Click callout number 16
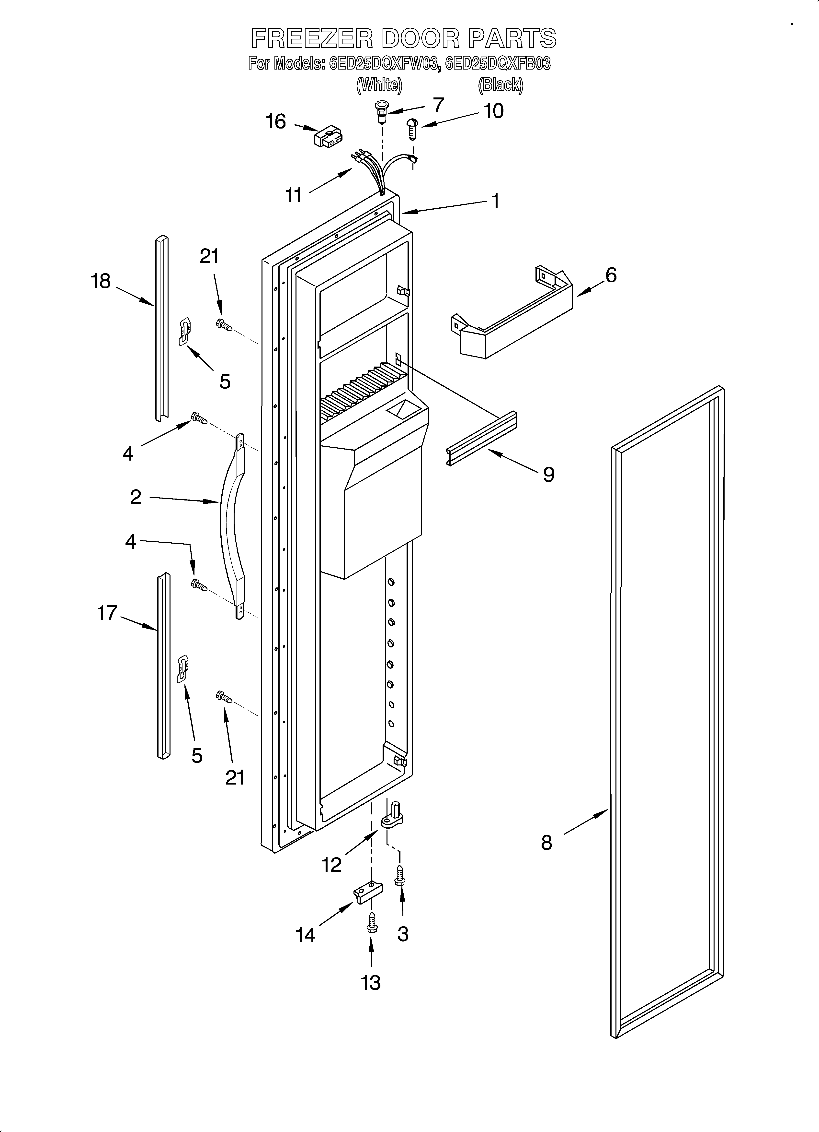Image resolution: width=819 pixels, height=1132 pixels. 276,121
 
